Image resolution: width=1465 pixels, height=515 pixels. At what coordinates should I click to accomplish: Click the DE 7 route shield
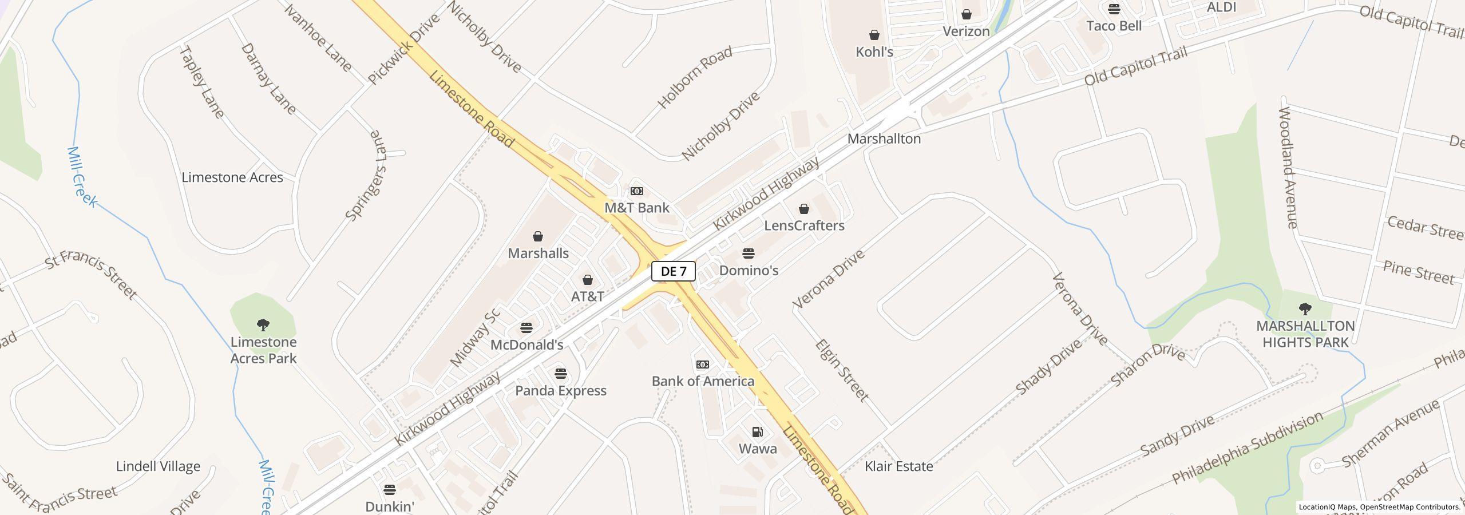674,271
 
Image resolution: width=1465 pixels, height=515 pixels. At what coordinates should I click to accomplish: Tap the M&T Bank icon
636,191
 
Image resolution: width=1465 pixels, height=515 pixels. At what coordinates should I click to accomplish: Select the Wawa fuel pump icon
757,432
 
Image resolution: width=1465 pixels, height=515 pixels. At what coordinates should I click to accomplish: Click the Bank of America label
703,381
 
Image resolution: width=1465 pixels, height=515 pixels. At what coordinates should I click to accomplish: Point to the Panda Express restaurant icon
561,374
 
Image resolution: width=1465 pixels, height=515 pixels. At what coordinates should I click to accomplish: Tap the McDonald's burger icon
526,328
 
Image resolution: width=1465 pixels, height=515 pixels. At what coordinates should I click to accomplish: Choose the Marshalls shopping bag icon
538,237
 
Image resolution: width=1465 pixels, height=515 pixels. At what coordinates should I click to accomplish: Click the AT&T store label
588,296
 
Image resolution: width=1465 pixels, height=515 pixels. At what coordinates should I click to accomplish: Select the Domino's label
749,270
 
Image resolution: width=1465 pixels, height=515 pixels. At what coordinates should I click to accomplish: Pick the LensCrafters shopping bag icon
804,209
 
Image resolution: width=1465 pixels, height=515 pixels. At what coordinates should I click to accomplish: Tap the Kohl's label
874,52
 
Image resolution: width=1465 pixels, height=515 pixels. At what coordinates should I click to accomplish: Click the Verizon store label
966,31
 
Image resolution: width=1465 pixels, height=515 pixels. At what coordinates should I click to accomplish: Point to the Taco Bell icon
1114,9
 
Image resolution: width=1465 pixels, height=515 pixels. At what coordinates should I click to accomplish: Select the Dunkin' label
390,506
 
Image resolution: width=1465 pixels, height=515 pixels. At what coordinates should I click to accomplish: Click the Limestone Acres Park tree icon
263,326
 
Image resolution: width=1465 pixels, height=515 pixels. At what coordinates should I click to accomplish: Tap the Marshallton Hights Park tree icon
1305,310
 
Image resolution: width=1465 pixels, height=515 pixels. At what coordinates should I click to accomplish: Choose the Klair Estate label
899,466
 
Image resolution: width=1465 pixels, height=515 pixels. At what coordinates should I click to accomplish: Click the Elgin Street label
842,370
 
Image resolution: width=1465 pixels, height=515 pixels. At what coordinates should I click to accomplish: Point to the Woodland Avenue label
1288,167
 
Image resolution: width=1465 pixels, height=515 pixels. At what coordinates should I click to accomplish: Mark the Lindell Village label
158,466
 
